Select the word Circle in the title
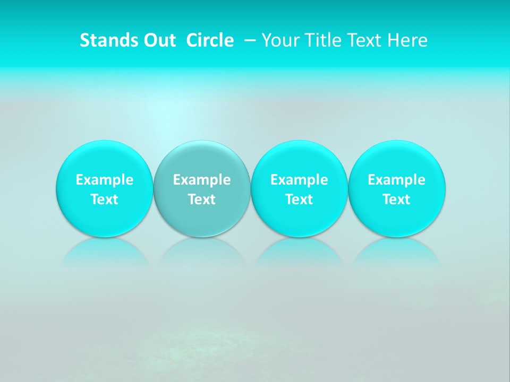pyautogui.click(x=210, y=40)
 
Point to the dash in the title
pyautogui.click(x=250, y=40)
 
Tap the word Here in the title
pyautogui.click(x=407, y=40)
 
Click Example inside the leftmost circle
pyautogui.click(x=104, y=180)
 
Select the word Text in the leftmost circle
pyautogui.click(x=104, y=199)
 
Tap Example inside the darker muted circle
pyautogui.click(x=202, y=180)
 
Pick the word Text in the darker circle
pyautogui.click(x=202, y=199)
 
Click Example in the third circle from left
pyautogui.click(x=299, y=180)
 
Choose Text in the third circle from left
pyautogui.click(x=299, y=199)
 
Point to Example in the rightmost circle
pyautogui.click(x=397, y=180)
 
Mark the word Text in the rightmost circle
pyautogui.click(x=397, y=199)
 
